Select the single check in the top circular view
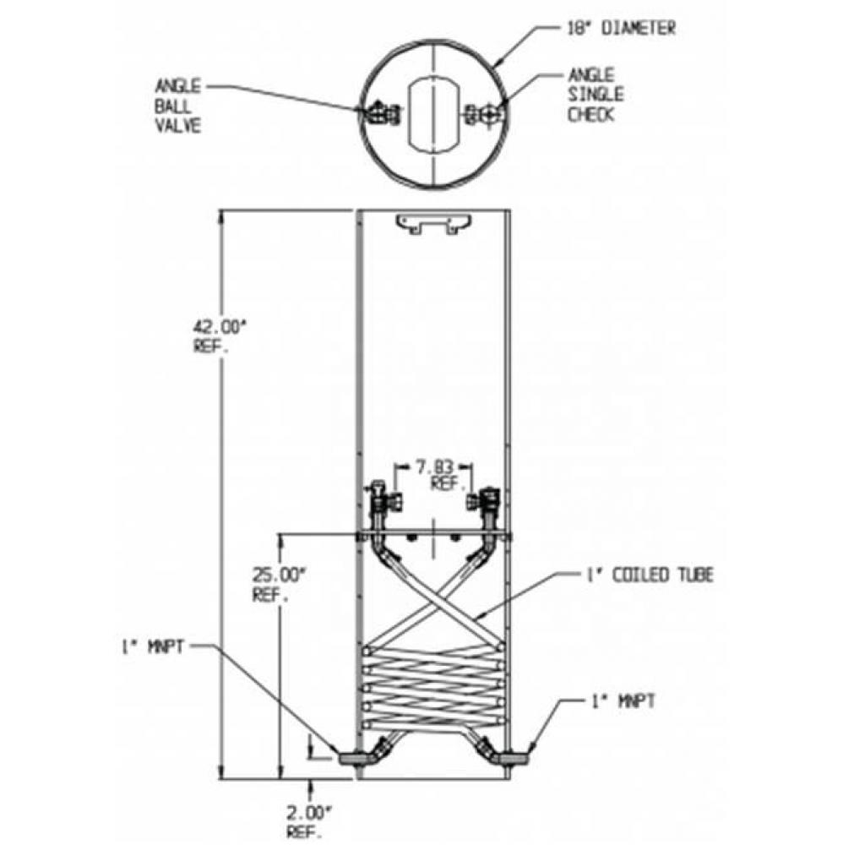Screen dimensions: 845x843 484,113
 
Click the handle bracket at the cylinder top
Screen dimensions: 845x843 432,224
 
